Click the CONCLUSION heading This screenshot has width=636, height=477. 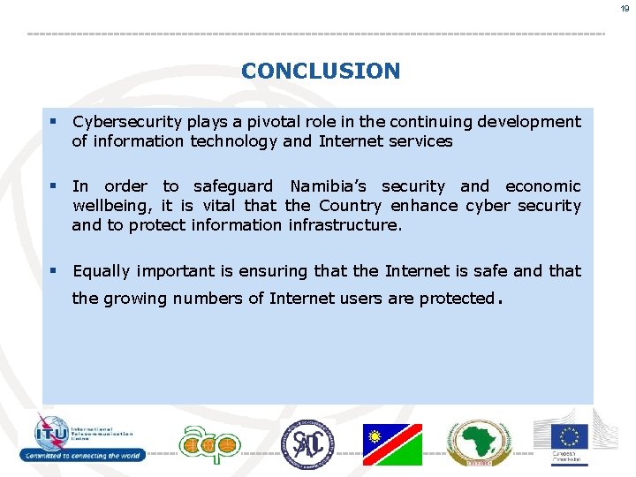pyautogui.click(x=320, y=71)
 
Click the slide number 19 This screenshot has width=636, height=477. pyautogui.click(x=624, y=8)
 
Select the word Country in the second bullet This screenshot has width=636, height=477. pyautogui.click(x=351, y=206)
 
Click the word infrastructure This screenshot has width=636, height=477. pyautogui.click(x=344, y=225)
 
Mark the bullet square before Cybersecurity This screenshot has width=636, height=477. pyautogui.click(x=53, y=122)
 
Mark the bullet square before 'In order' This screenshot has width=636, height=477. pyautogui.click(x=53, y=186)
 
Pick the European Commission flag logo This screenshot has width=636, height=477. pyautogui.click(x=569, y=436)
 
